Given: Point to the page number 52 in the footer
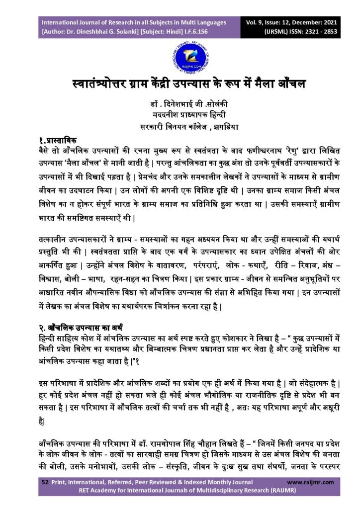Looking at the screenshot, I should [45, 482].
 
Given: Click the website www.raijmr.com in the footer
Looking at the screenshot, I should [311, 482].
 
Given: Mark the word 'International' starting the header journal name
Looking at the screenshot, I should [60, 23].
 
